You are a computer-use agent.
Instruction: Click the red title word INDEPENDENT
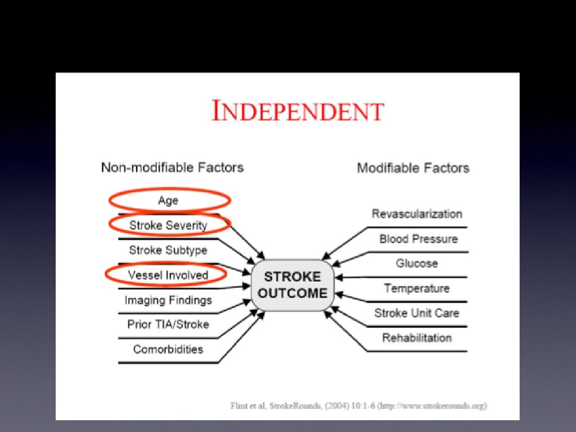click(x=298, y=111)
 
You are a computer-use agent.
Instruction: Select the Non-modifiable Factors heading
click(x=172, y=167)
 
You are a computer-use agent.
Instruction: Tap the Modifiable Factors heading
click(x=413, y=168)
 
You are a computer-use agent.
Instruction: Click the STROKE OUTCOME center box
click(x=292, y=285)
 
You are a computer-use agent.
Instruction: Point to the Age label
click(x=168, y=200)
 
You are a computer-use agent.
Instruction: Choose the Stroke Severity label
click(x=168, y=225)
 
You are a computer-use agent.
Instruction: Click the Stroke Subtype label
click(x=168, y=250)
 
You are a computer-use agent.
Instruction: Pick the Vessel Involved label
click(x=168, y=275)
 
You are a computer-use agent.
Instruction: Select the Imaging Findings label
click(x=168, y=300)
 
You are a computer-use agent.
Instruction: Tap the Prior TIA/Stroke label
click(x=168, y=325)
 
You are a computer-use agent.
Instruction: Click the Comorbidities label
click(x=168, y=349)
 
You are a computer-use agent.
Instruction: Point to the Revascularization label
click(x=417, y=214)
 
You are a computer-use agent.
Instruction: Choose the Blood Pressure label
click(x=418, y=238)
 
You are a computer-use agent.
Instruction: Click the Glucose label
click(x=417, y=263)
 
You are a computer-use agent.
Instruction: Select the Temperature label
click(x=417, y=288)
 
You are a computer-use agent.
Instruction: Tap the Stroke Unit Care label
click(x=417, y=313)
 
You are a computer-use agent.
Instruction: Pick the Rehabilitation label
click(x=417, y=337)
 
